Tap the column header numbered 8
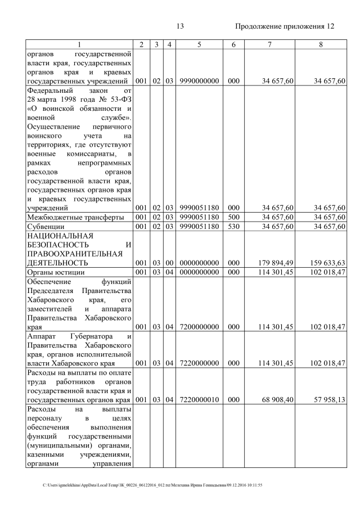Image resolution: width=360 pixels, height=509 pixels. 321,44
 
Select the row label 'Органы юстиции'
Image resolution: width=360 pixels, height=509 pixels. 56,272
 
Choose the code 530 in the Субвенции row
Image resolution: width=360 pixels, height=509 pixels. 230,226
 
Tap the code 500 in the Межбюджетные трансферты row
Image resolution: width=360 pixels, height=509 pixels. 230,217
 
